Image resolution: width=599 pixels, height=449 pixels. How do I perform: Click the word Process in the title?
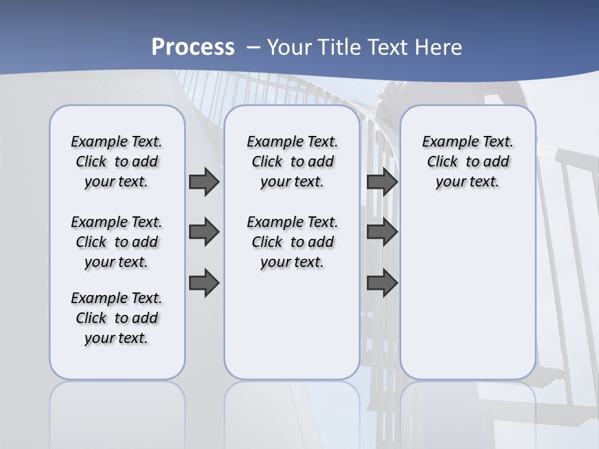pos(193,47)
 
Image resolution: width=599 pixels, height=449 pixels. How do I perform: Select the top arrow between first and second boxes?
pos(204,181)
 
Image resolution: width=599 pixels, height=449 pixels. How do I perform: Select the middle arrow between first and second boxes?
pos(204,232)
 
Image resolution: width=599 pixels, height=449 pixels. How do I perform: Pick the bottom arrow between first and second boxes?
pos(204,283)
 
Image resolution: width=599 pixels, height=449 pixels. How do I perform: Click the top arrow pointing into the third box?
pos(382,181)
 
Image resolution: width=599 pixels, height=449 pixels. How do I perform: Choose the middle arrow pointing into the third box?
pos(382,232)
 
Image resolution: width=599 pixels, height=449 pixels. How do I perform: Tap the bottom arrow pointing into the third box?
pos(382,283)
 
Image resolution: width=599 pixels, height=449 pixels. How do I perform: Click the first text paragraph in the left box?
pos(117,162)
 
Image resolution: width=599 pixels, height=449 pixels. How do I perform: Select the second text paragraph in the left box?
pos(117,242)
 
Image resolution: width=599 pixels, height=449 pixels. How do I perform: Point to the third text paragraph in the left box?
pos(117,318)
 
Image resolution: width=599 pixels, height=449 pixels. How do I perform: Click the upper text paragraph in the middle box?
pos(292,162)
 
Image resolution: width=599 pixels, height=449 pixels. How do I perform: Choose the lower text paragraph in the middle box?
pos(292,242)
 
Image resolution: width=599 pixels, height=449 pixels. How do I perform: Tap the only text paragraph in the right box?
pos(468,162)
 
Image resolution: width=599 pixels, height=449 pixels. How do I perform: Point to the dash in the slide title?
pos(253,47)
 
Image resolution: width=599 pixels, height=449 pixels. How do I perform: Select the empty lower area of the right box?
pos(468,293)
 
